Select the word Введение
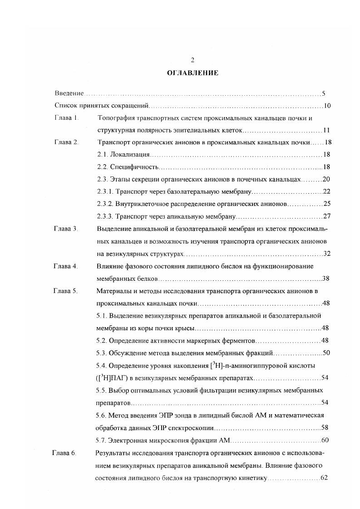tap(69, 93)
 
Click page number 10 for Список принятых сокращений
tap(327, 106)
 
